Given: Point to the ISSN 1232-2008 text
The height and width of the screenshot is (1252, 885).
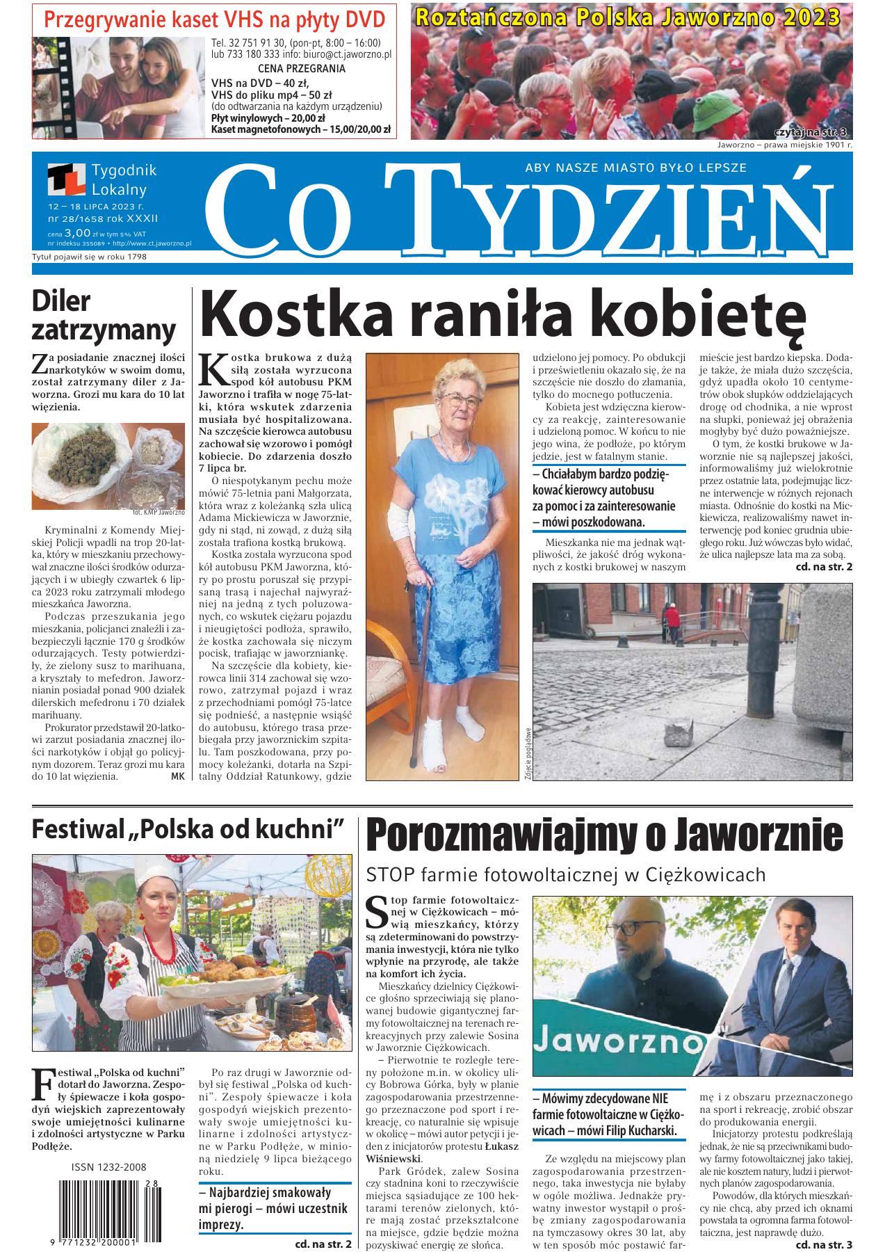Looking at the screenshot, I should click(x=108, y=1167).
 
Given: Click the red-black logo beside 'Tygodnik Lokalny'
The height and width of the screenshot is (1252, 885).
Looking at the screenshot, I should click(x=65, y=180).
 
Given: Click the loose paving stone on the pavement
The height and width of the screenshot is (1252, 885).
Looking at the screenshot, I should click(x=679, y=734).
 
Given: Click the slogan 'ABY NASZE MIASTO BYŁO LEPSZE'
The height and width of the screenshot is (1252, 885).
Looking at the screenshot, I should click(x=635, y=168).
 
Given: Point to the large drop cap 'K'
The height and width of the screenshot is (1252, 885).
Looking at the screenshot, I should click(x=213, y=369).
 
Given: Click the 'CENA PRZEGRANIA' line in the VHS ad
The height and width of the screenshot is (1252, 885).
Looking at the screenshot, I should click(x=301, y=69).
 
